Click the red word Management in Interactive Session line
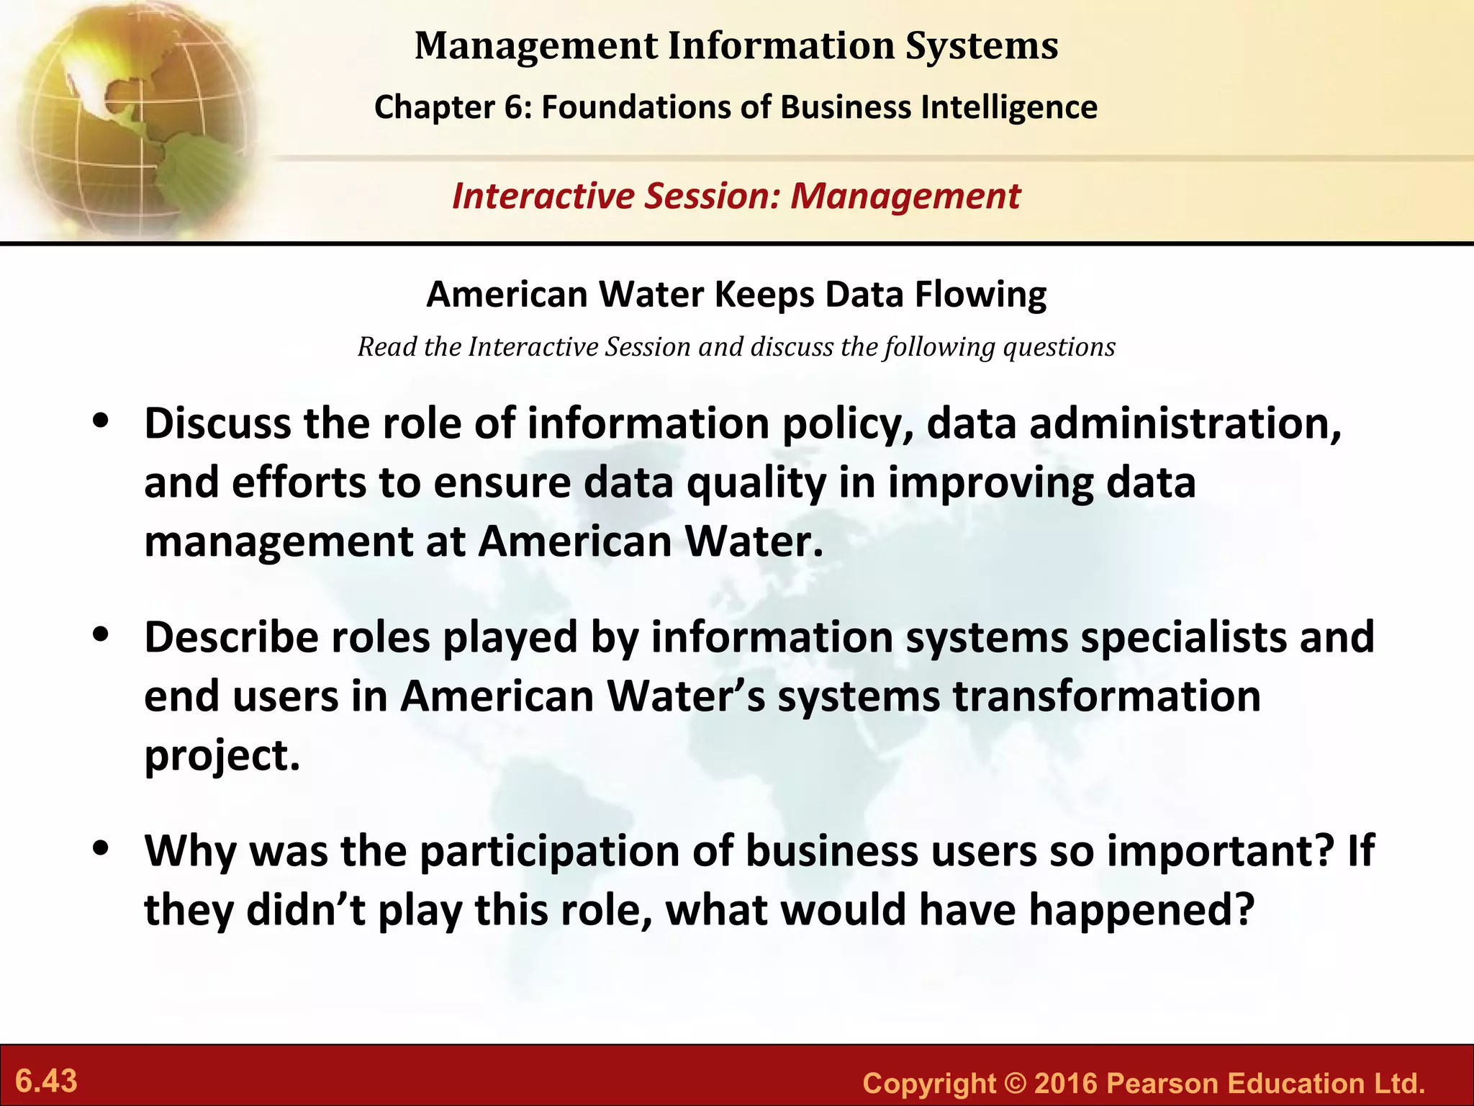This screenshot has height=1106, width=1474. (905, 197)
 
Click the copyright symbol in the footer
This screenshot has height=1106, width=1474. (1015, 1084)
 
